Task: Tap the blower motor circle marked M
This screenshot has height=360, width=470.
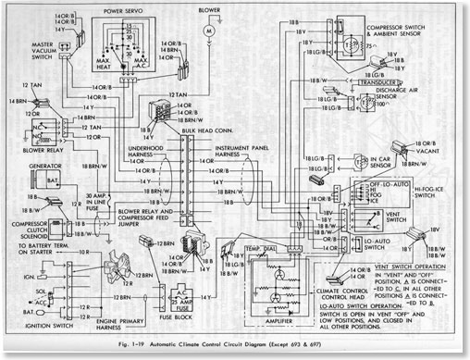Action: (209, 31)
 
